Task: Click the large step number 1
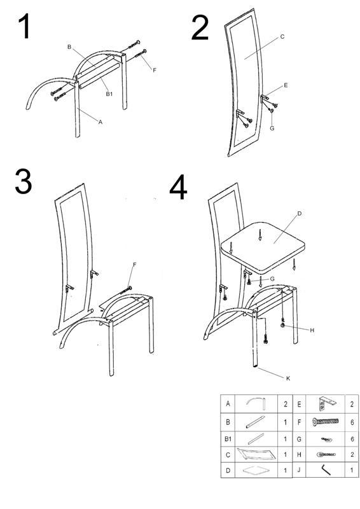coord(25,27)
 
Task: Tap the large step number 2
coord(200,28)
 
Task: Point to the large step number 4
coord(178,187)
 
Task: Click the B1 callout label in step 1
coord(109,94)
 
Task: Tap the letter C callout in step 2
coord(282,37)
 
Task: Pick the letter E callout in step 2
coord(286,85)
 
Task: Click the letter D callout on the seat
coord(300,213)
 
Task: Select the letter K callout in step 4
coord(288,378)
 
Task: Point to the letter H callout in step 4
coord(312,330)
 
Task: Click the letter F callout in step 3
coord(134,265)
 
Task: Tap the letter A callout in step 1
coord(100,122)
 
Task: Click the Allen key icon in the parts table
coord(326,470)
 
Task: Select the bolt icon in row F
coord(325,422)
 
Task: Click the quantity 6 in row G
coord(352,439)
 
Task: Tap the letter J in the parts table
coord(299,470)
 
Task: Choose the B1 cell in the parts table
coord(228,439)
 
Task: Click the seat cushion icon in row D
coord(256,470)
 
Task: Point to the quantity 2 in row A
coord(286,404)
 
